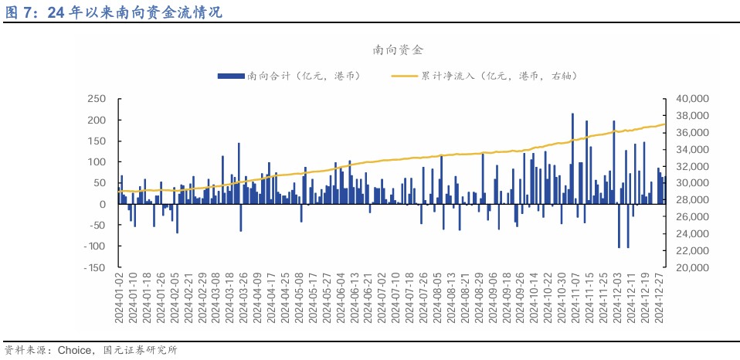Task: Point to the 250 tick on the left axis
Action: coord(96,99)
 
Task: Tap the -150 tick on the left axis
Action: coord(93,267)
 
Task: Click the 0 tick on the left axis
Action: coord(102,204)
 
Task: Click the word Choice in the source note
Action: coord(78,350)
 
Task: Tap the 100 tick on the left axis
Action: coord(96,162)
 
